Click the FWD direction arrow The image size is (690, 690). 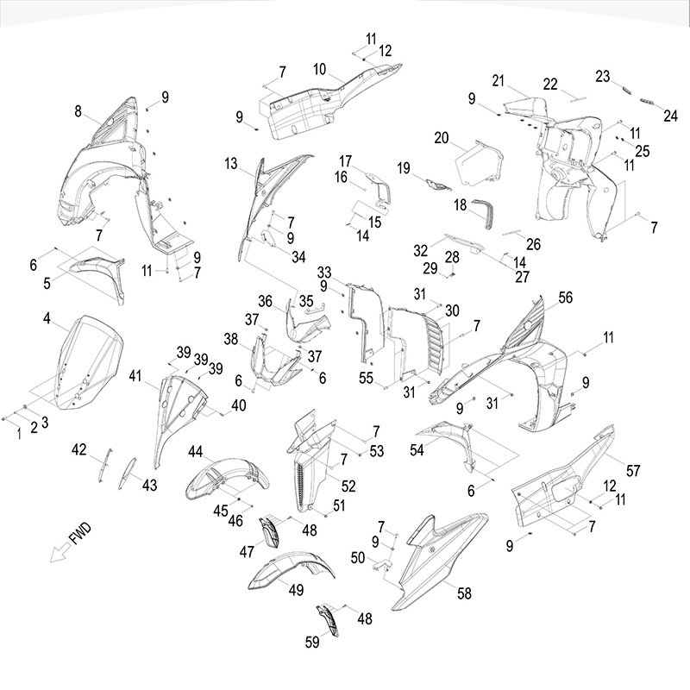pos(60,551)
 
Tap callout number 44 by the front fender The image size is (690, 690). pos(196,451)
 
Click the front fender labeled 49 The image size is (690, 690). pos(291,570)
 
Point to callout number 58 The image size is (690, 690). pos(464,593)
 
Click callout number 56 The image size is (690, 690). pos(566,298)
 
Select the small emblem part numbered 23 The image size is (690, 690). pos(626,90)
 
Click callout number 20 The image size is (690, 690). pos(442,138)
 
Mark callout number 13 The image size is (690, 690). pos(231,163)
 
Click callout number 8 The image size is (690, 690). pos(78,111)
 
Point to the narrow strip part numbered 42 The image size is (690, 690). pos(104,465)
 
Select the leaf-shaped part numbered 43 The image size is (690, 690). pos(127,473)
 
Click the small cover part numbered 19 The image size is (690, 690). pos(437,185)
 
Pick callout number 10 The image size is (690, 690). pos(320,69)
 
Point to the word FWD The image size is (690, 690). pos(80,533)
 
